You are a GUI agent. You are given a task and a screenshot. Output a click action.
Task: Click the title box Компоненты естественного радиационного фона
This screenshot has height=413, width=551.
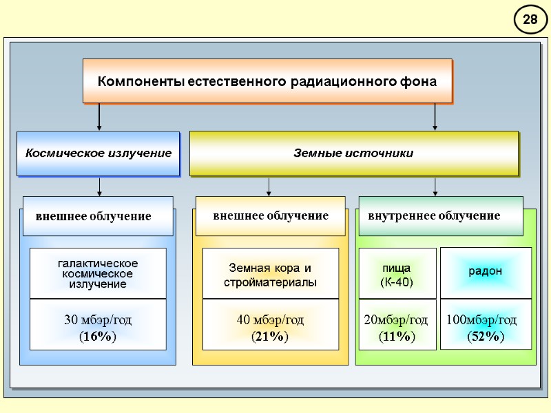point(267,81)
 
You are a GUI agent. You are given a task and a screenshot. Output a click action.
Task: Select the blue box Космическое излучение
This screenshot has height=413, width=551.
point(98,153)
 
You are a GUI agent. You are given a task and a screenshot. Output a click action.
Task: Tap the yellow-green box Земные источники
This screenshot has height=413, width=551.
point(353,153)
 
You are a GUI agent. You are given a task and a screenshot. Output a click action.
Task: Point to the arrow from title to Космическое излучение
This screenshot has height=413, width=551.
point(100,117)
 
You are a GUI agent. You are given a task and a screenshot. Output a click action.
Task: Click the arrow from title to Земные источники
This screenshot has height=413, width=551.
point(435,117)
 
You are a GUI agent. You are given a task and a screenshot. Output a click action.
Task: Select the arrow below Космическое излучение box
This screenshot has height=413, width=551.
point(100,187)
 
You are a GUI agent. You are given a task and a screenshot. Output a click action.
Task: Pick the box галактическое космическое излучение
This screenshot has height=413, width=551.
point(98,273)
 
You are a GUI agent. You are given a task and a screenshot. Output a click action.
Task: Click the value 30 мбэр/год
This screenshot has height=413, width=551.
point(98,320)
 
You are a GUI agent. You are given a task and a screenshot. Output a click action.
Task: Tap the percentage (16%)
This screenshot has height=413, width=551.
point(98,337)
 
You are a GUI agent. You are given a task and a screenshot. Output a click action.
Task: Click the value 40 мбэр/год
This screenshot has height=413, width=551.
point(270,320)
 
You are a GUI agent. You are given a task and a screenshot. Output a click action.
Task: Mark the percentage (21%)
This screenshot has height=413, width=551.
point(270,337)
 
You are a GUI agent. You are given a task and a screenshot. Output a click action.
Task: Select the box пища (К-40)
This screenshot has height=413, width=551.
point(396,274)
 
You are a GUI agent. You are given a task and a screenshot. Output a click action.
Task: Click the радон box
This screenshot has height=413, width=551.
point(486,271)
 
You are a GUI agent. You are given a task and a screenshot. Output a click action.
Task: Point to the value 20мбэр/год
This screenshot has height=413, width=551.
point(396,320)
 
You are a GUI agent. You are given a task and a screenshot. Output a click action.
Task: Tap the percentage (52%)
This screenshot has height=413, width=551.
point(486,337)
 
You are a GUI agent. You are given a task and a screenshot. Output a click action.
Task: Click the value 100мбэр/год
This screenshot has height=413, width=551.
point(481,320)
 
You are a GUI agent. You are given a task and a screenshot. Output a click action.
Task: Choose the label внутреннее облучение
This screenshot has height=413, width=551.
point(434,216)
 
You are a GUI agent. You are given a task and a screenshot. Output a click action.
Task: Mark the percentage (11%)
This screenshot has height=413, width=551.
point(397,337)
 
